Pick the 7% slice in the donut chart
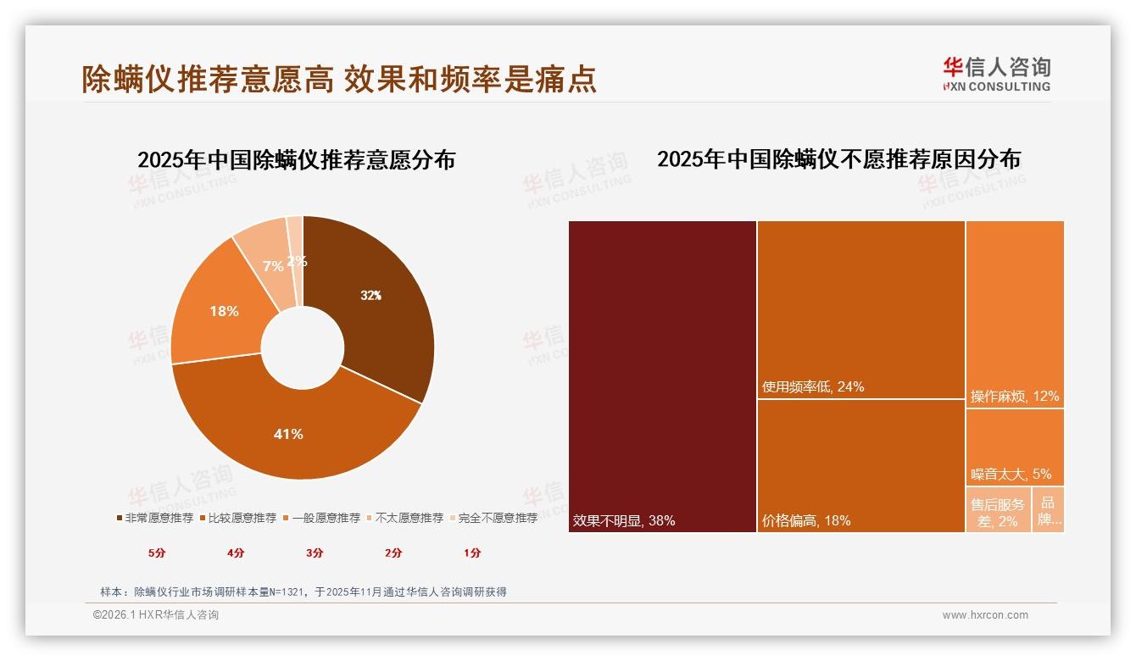coord(267,254)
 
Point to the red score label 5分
coord(157,553)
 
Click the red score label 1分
coord(472,553)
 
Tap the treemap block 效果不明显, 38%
coord(662,376)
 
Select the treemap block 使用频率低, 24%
coord(860,309)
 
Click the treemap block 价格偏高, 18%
coord(860,465)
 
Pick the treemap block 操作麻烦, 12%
coord(1015,314)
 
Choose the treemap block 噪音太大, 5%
coord(1015,447)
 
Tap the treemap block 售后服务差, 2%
coord(998,510)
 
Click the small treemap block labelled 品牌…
coord(1049,510)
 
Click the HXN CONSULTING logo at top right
coord(996,75)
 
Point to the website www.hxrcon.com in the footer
coord(985,615)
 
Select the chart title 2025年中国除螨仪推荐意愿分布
coord(296,160)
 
